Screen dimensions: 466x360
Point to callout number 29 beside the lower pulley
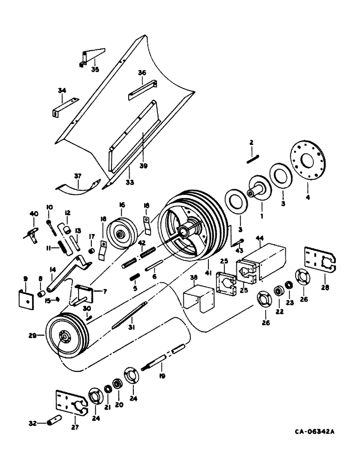[44, 335]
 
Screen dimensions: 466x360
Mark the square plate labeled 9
[25, 298]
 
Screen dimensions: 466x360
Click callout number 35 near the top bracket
[95, 70]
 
